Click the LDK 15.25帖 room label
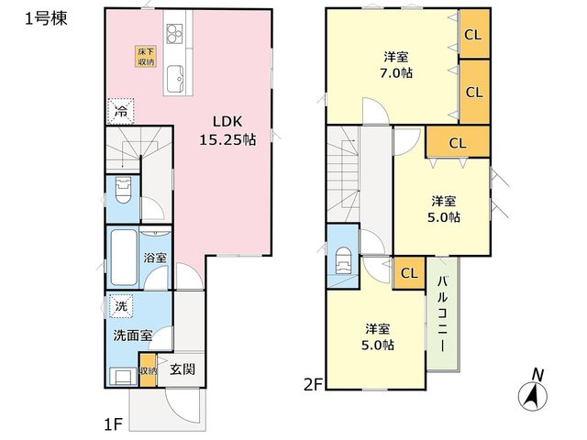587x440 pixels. pos(227,130)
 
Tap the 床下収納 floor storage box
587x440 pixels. pos(146,57)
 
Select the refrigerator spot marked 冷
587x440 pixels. pos(120,111)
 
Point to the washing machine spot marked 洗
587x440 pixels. pos(121,306)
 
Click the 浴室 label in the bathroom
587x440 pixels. pos(155,258)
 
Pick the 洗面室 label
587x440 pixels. pos(132,335)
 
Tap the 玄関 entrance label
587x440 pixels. pos(183,369)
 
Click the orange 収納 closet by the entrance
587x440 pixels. pos(148,370)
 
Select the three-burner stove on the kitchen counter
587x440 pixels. pos(174,33)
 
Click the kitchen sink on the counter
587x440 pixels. pos(175,79)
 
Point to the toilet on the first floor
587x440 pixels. pos(123,190)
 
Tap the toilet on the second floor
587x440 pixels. pos(344,260)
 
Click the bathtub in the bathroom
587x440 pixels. pos(124,257)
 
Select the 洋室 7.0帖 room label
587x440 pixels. pos(396,65)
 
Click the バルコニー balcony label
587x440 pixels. pos(443,313)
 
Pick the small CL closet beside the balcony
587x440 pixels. pos(409,273)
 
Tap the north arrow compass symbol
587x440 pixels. pos(533,391)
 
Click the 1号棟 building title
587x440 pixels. pos(46,18)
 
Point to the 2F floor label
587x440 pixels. pos(313,385)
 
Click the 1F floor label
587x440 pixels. pos(113,424)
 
